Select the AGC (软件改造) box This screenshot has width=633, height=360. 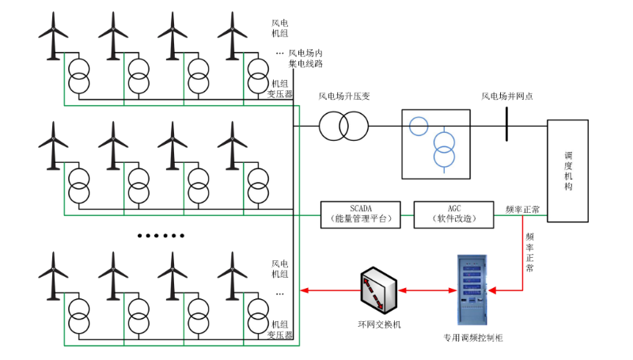click(x=453, y=214)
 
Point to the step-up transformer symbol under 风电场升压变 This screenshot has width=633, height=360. click(x=344, y=125)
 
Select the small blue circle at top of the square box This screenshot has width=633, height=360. click(x=419, y=125)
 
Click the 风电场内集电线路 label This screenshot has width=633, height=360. click(x=305, y=58)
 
